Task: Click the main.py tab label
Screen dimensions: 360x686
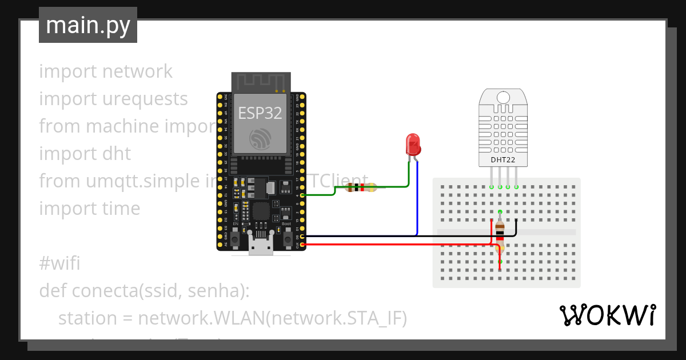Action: pos(87,25)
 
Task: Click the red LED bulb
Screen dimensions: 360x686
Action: pos(413,145)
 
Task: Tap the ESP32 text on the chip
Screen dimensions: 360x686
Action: pos(260,113)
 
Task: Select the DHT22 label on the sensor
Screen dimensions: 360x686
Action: pos(503,161)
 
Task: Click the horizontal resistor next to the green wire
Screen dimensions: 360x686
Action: pos(362,187)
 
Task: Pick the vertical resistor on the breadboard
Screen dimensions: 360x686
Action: pos(500,235)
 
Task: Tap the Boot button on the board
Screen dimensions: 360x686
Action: pos(287,236)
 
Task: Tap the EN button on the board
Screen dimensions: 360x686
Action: pos(234,236)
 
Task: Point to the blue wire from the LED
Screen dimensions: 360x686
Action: pos(417,200)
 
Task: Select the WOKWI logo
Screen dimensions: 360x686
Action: pos(607,315)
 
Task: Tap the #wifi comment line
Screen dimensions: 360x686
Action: pos(59,263)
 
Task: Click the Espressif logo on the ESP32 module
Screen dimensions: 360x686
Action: pos(260,139)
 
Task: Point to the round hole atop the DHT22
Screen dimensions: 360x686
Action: pos(503,97)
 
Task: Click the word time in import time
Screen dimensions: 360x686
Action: pos(121,209)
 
